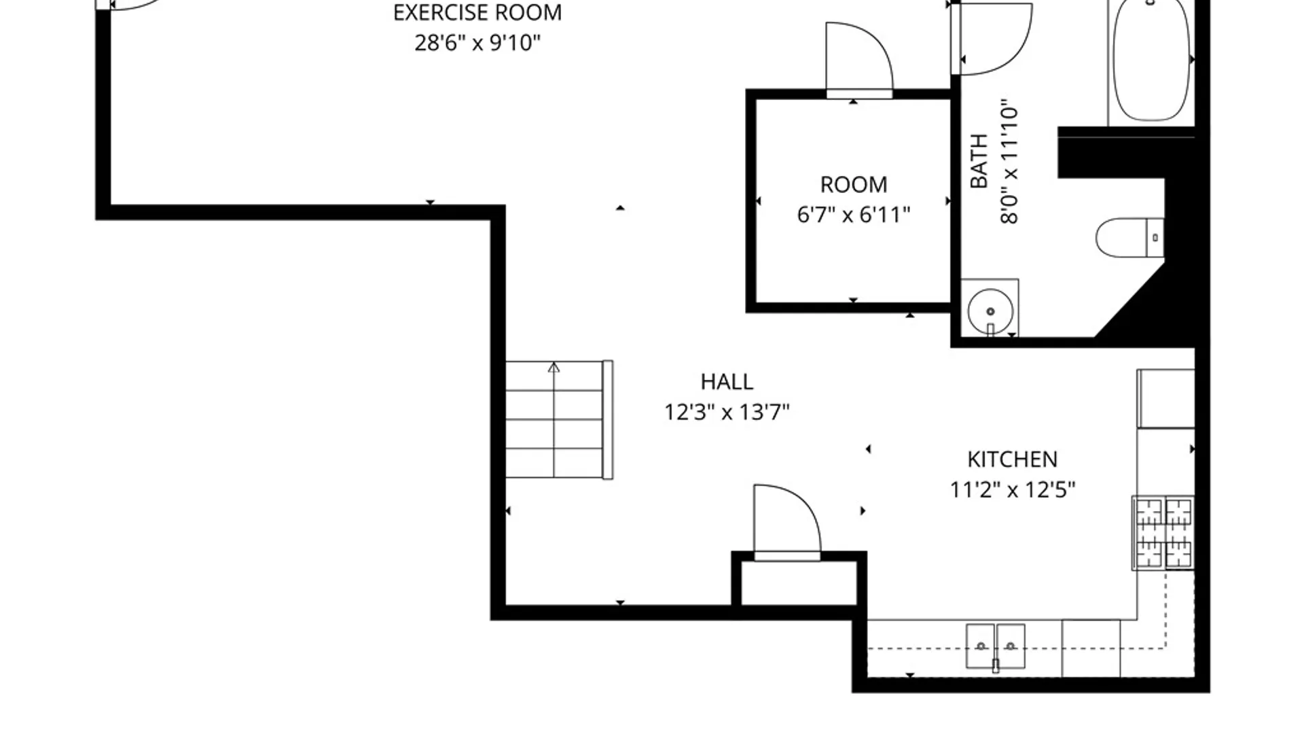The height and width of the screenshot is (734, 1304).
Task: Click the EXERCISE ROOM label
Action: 477,13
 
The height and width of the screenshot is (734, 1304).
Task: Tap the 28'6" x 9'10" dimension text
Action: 477,43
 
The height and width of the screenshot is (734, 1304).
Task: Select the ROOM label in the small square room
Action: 854,185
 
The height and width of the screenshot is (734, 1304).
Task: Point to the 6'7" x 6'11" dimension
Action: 854,215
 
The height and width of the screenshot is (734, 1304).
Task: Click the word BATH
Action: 979,161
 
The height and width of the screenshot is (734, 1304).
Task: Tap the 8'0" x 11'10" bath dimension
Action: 1010,164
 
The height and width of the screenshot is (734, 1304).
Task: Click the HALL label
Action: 727,382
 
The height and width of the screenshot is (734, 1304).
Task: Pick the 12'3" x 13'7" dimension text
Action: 727,413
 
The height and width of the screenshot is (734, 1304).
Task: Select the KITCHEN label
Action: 1012,459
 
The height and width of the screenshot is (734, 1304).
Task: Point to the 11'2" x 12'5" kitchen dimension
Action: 1012,490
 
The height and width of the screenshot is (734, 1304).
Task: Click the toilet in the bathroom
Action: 1130,237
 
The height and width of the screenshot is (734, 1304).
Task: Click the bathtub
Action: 1151,61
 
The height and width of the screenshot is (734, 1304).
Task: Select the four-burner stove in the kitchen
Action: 1163,533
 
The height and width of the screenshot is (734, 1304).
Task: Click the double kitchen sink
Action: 996,646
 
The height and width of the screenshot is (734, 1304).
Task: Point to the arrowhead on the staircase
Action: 554,368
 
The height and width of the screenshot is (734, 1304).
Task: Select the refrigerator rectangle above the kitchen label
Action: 1165,399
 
